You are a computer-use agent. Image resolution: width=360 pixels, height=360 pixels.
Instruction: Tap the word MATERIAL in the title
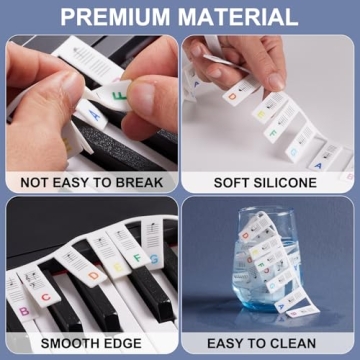click(241, 17)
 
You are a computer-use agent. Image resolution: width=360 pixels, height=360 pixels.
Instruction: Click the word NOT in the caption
click(38, 183)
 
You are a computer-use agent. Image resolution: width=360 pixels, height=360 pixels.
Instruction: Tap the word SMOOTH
click(59, 345)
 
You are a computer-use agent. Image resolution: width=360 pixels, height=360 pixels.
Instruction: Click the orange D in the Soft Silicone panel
click(231, 98)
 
